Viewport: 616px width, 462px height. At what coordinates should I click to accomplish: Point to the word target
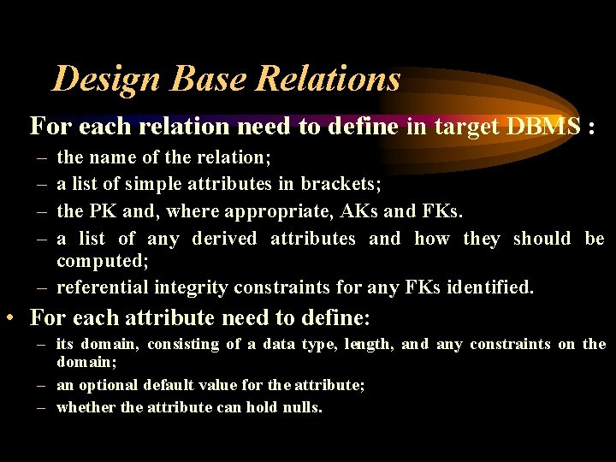(x=467, y=127)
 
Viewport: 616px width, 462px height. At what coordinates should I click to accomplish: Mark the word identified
(x=489, y=287)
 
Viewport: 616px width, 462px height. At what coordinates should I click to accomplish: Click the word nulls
(x=302, y=407)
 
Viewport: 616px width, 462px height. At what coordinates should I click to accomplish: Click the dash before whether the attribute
(x=41, y=407)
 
